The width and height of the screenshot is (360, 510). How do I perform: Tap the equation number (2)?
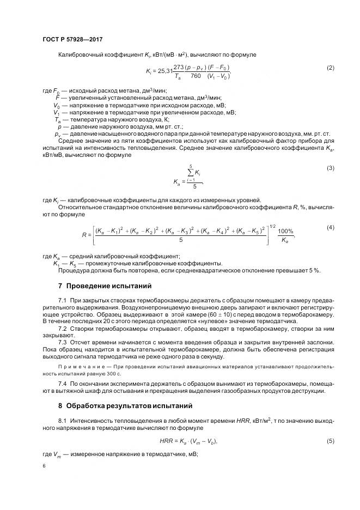coord(330,68)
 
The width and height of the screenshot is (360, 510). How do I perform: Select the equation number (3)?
coord(330,168)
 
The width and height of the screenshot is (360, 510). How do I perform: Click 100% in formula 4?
coord(285,232)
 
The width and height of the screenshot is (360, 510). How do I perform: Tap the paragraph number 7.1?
coord(62,300)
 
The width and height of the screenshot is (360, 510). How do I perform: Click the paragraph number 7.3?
coord(62,341)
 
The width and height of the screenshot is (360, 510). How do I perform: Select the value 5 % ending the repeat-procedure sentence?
coord(314,270)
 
